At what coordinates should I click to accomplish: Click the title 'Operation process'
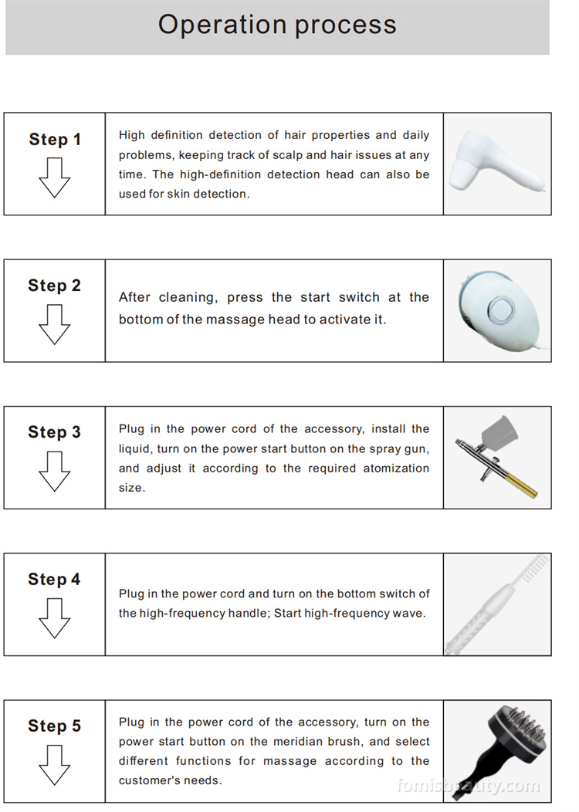point(277,25)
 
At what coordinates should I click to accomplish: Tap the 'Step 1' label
point(55,140)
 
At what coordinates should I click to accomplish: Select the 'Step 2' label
point(54,286)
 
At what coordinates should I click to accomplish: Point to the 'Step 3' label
point(54,432)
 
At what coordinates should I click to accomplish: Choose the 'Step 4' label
point(54,579)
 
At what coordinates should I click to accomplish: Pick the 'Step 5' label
point(54,726)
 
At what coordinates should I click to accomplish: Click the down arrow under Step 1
point(54,178)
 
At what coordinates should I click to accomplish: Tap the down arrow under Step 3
point(54,471)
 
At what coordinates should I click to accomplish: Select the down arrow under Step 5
point(54,764)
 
